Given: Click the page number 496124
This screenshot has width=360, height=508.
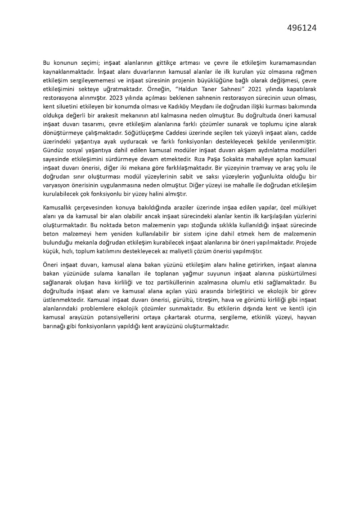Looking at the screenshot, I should tap(302, 28).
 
